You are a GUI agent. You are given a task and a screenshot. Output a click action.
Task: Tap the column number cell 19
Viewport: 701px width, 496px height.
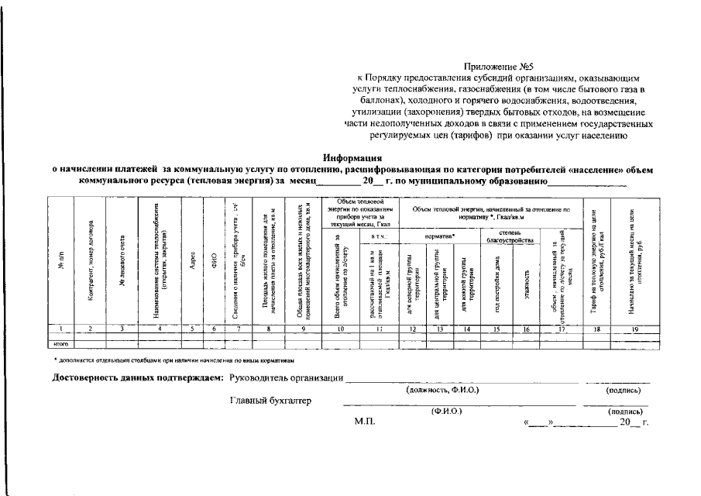[x=634, y=329]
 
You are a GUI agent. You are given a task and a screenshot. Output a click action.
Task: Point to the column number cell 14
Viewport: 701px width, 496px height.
[x=466, y=329]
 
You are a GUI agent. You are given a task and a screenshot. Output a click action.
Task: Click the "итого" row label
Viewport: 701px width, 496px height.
[x=61, y=343]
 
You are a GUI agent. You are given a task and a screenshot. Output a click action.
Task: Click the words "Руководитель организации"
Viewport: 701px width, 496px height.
[x=287, y=378]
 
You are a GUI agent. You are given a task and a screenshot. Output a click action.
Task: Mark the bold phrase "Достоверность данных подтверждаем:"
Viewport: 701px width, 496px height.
[x=137, y=378]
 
